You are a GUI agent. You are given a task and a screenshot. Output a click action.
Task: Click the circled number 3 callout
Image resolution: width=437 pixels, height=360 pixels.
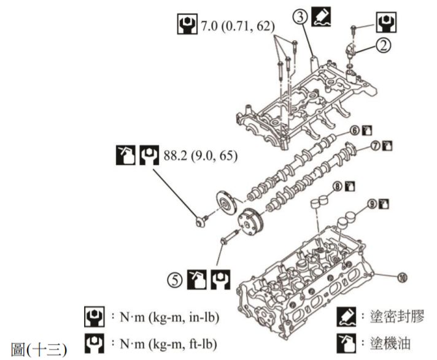coord(300,17)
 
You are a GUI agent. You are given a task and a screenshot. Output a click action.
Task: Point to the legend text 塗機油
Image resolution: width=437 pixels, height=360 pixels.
coord(389,342)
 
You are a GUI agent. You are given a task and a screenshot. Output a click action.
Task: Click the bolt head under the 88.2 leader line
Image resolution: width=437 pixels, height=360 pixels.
coord(199,222)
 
